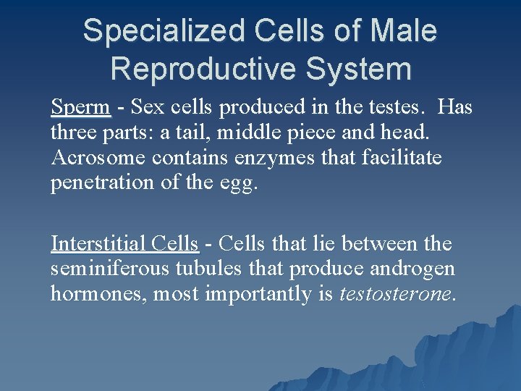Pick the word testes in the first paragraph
[x=389, y=108]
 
